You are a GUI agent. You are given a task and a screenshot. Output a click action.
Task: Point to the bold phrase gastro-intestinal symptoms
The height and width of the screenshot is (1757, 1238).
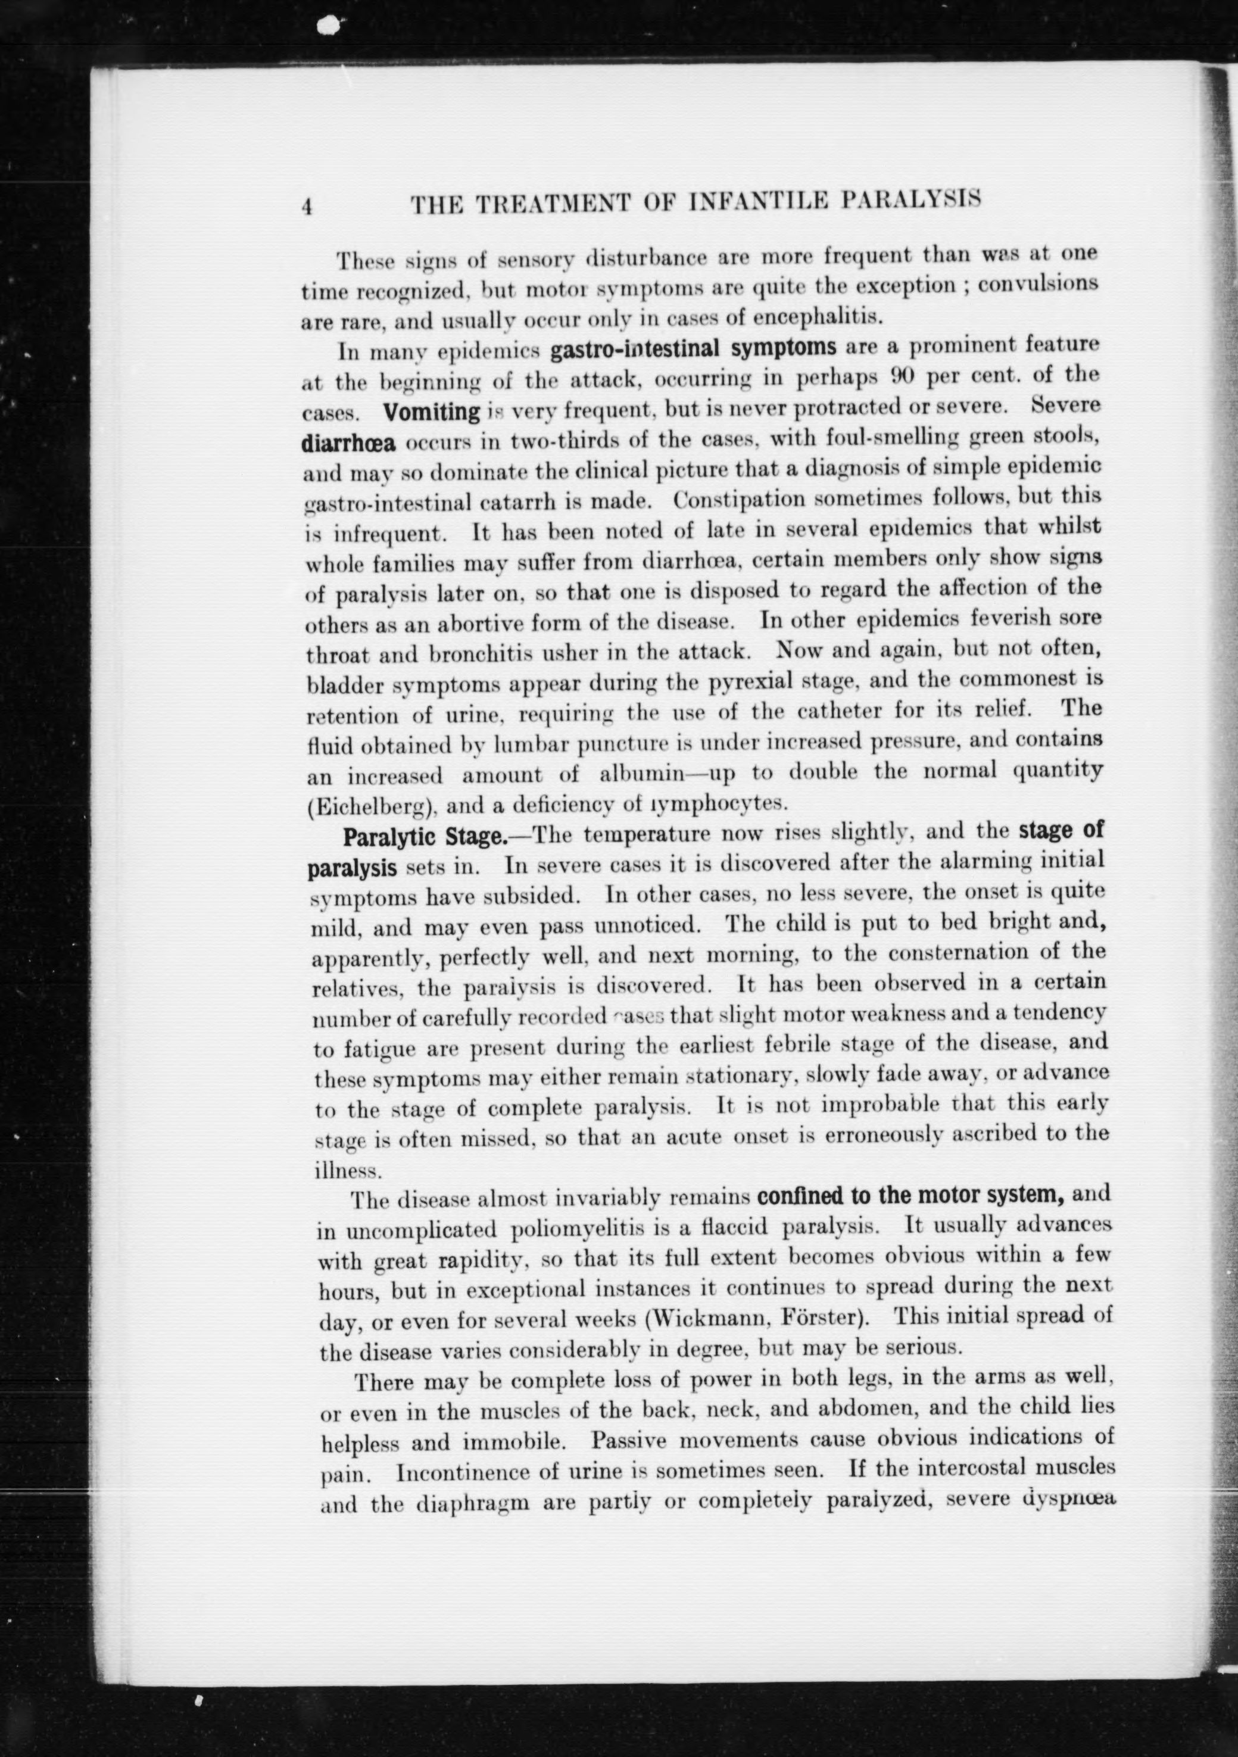[x=693, y=348]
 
